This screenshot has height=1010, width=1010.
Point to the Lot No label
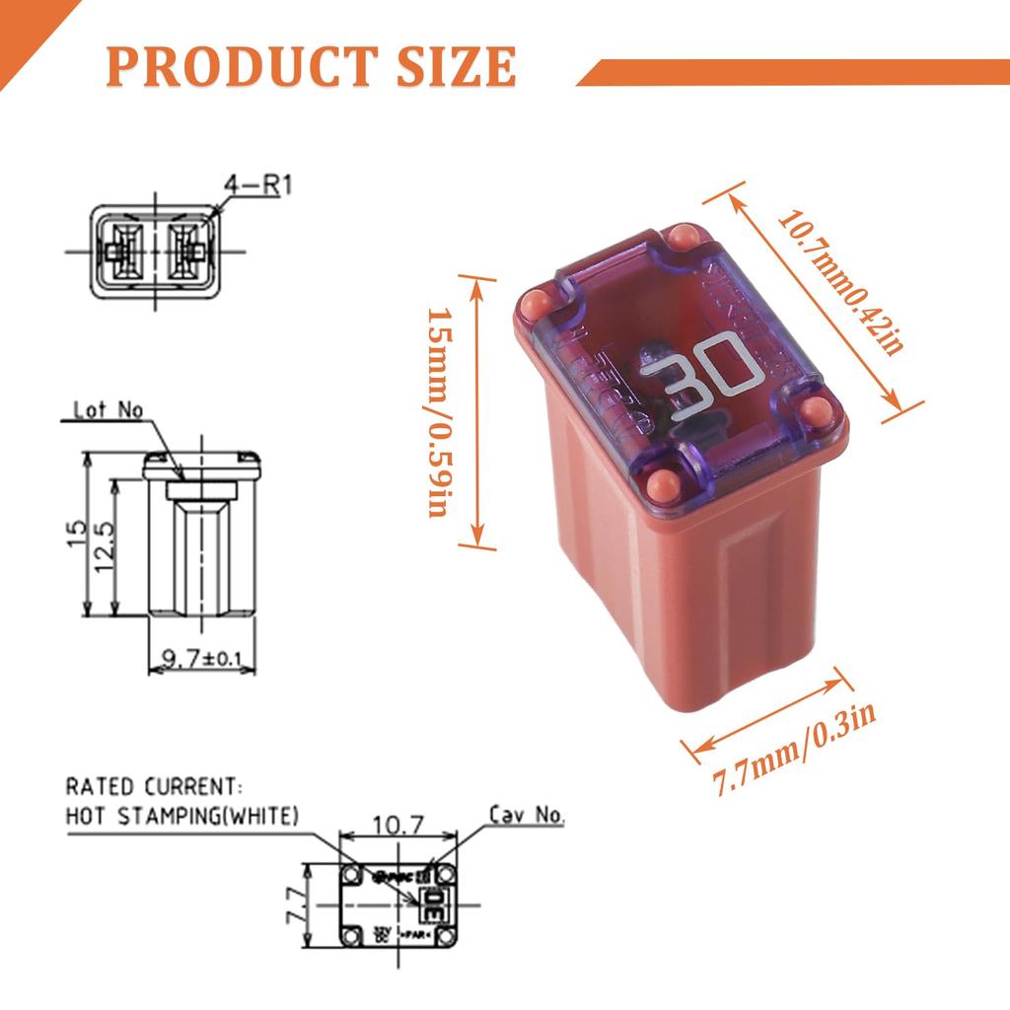108,408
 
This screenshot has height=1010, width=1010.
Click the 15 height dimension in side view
78,534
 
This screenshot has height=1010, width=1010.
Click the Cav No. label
527,815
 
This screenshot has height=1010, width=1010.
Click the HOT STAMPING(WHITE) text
181,816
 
